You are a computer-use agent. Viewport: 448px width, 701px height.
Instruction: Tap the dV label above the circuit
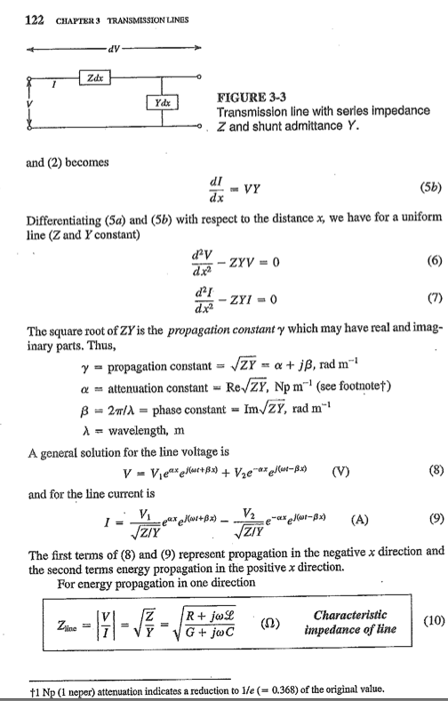point(115,46)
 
